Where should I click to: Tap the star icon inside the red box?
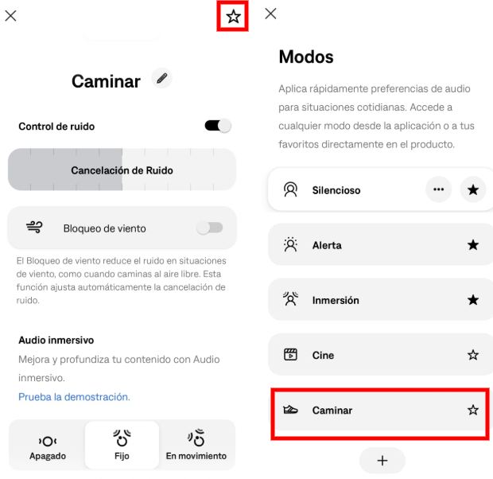pyautogui.click(x=233, y=17)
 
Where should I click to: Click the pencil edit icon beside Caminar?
pyautogui.click(x=162, y=79)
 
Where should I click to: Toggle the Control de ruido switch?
pyautogui.click(x=218, y=126)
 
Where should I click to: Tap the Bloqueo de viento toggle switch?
pyautogui.click(x=210, y=228)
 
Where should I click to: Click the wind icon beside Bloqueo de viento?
pyautogui.click(x=34, y=228)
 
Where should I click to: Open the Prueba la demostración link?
pyautogui.click(x=74, y=396)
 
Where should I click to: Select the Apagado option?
pyautogui.click(x=47, y=446)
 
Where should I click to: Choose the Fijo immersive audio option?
pyautogui.click(x=122, y=446)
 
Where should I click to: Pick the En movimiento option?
pyautogui.click(x=196, y=446)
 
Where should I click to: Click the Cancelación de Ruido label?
pyautogui.click(x=122, y=170)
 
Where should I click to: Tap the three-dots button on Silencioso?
pyautogui.click(x=438, y=190)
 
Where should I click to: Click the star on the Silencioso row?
pyautogui.click(x=473, y=190)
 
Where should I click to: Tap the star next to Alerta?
pyautogui.click(x=473, y=245)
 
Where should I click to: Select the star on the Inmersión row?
pyautogui.click(x=473, y=300)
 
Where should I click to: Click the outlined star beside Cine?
pyautogui.click(x=473, y=355)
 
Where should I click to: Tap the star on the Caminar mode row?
pyautogui.click(x=473, y=410)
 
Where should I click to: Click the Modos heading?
pyautogui.click(x=306, y=57)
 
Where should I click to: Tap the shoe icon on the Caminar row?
pyautogui.click(x=290, y=410)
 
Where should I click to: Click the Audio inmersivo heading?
pyautogui.click(x=56, y=340)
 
